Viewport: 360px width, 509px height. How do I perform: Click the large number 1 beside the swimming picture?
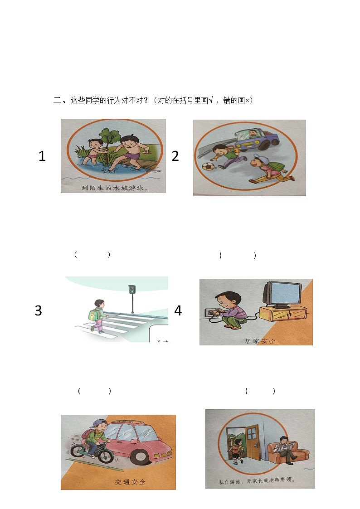pos(42,156)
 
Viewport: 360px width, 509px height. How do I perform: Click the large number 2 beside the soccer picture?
pos(175,156)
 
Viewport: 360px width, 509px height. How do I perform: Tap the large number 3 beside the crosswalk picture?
pos(39,311)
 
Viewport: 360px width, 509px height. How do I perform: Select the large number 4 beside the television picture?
pos(178,311)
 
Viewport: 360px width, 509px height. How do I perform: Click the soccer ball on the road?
pos(208,166)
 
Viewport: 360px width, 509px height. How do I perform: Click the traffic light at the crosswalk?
pos(132,290)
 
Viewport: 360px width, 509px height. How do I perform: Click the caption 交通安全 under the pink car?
pos(130,482)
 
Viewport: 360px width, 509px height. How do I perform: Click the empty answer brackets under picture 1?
pos(92,255)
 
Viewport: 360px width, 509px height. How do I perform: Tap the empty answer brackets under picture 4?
pos(260,391)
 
